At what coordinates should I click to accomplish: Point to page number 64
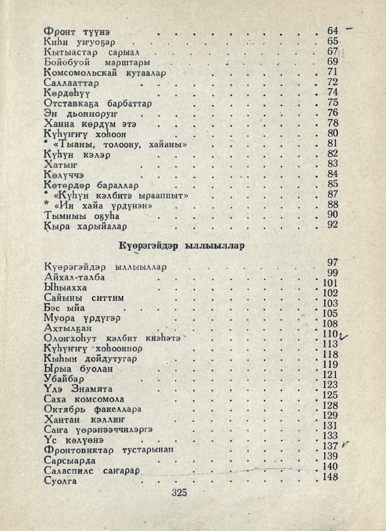[x=332, y=31]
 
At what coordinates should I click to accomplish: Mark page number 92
[x=332, y=225]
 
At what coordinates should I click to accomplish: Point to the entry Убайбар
[x=64, y=379]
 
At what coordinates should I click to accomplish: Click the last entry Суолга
[x=60, y=481]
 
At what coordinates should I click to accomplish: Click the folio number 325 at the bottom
[x=178, y=492]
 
